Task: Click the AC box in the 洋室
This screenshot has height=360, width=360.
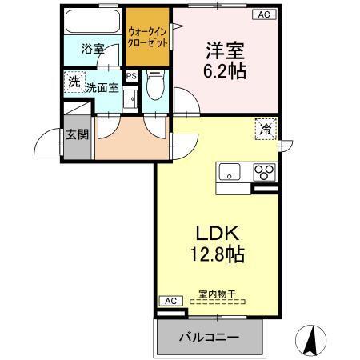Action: (263, 14)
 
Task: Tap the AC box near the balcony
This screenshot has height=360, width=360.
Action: (169, 300)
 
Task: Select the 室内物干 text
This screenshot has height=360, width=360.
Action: (217, 294)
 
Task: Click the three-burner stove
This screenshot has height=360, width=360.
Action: (265, 170)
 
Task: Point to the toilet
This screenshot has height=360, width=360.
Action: (157, 86)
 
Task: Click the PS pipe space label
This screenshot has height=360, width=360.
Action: (132, 78)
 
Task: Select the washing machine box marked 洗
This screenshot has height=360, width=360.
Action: (73, 81)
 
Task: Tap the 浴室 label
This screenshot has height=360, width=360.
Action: (93, 49)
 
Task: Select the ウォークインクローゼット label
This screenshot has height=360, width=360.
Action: (148, 38)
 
